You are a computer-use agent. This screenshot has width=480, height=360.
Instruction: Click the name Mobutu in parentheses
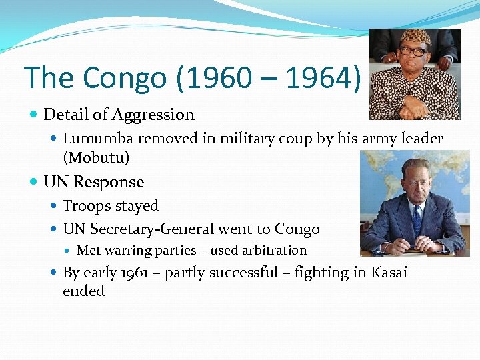pos(96,157)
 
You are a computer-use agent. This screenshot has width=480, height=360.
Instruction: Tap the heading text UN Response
pos(93,182)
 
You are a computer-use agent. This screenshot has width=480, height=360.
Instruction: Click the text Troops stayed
pos(111,206)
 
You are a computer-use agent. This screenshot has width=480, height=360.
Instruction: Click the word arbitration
pos(274,251)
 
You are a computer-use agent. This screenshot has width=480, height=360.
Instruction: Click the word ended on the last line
pos(83,291)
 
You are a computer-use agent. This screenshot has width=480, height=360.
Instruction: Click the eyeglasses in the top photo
pos(414,51)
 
